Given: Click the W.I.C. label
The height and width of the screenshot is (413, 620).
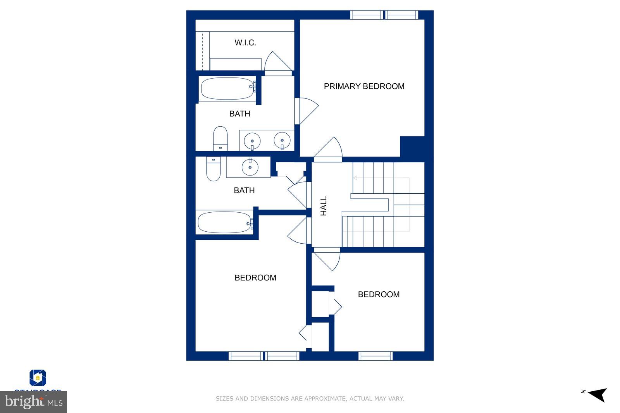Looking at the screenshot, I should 245,43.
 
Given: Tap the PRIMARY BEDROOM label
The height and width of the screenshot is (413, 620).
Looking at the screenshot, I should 364,86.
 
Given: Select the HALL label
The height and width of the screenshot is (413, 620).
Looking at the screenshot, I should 324,206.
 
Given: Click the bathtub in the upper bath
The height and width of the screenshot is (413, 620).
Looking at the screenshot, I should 227,89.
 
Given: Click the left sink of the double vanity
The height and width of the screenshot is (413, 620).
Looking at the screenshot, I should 252,140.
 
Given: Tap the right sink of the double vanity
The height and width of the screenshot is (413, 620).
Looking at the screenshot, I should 282,140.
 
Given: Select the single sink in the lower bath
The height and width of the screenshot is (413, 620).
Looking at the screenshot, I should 250,167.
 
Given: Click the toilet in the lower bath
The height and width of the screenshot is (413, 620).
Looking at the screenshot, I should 213,169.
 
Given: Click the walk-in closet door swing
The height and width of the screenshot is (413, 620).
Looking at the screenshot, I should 276,63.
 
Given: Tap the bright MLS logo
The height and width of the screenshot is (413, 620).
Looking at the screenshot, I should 34,402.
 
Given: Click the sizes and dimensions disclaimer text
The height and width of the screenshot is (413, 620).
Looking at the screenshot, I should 310,398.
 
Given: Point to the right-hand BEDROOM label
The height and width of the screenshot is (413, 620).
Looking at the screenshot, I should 379,294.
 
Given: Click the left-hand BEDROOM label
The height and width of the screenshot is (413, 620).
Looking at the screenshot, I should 255,278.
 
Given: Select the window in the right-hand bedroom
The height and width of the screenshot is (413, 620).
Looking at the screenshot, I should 375,356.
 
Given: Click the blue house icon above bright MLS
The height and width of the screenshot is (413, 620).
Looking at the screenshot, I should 38,378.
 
